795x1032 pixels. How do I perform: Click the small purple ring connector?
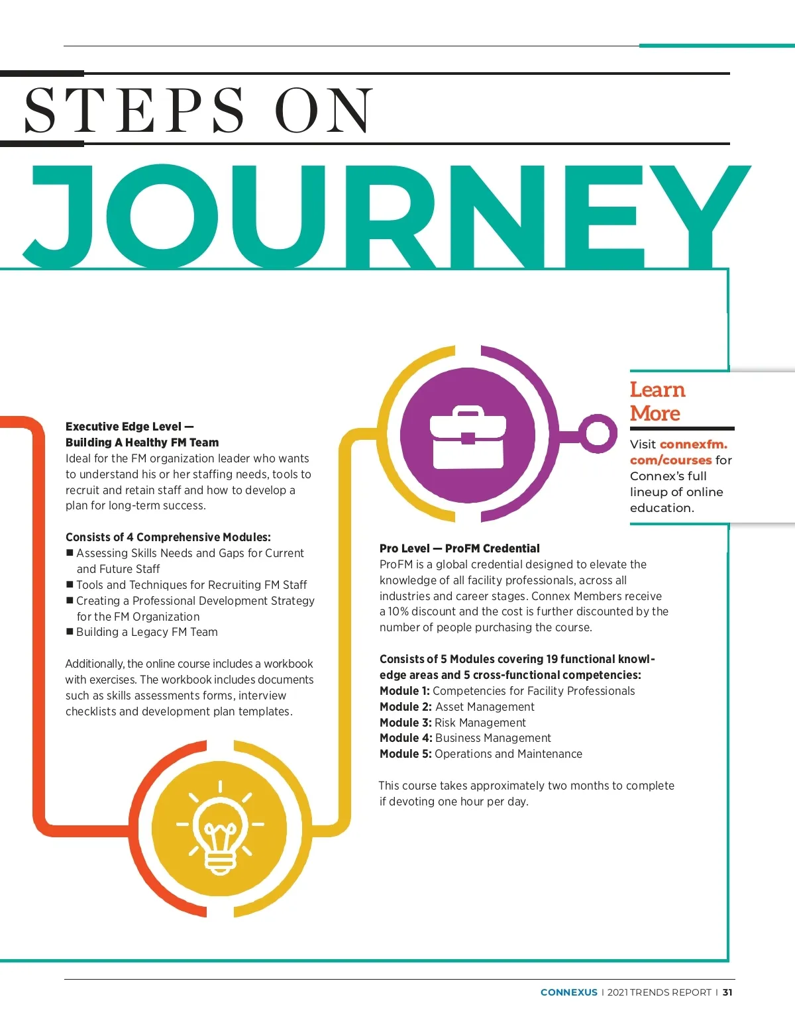[x=598, y=434]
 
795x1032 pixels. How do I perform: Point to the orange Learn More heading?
[x=657, y=401]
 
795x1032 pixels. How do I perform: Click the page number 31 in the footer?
[x=727, y=992]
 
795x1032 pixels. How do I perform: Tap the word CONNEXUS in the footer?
[x=569, y=992]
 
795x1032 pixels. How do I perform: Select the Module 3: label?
[x=405, y=723]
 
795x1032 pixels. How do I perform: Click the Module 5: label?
[x=405, y=754]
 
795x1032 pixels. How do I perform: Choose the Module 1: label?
[x=404, y=691]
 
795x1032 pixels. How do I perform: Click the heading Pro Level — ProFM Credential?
[x=459, y=548]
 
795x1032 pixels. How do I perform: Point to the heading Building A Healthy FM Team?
[x=142, y=442]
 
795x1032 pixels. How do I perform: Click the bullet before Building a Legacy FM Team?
[x=70, y=631]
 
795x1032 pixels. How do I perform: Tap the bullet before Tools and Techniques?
[x=70, y=584]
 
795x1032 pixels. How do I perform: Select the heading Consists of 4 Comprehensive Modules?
[x=168, y=537]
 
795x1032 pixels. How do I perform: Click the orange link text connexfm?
[x=693, y=444]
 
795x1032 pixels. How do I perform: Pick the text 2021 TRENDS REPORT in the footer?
[x=659, y=992]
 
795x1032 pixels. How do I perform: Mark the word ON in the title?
[x=323, y=110]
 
